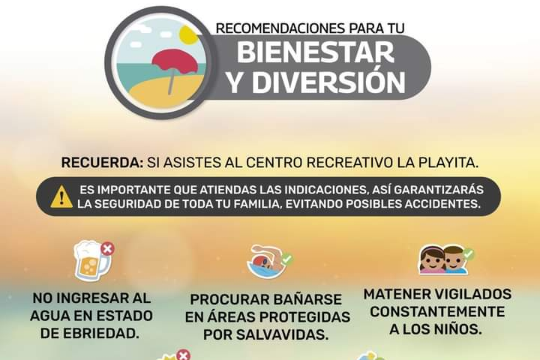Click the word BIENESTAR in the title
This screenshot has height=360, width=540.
(x=315, y=52)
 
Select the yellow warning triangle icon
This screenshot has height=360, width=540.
(x=61, y=196)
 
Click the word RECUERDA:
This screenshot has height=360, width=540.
(x=102, y=163)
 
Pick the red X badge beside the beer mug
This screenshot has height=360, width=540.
(x=108, y=249)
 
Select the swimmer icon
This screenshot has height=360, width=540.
(x=265, y=262)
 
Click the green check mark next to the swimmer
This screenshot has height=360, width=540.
(x=286, y=259)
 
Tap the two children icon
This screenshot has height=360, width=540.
(x=443, y=259)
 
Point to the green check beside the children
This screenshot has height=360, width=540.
(x=468, y=254)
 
